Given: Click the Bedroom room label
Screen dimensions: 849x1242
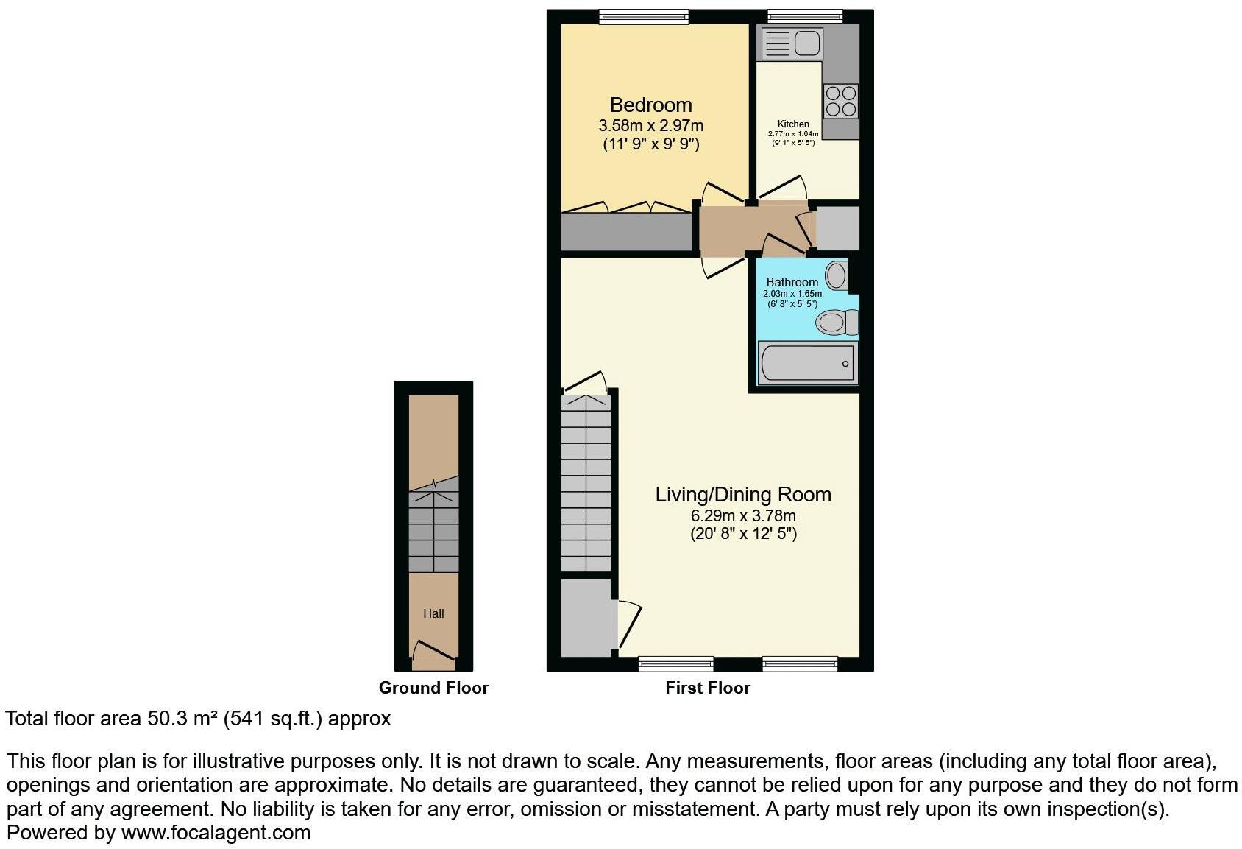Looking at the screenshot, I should click(x=650, y=105).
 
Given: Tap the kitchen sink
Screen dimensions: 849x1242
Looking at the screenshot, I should click(x=792, y=43).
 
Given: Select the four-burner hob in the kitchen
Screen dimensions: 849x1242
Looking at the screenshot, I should click(x=840, y=101).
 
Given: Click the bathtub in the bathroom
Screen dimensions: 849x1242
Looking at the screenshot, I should click(x=808, y=363).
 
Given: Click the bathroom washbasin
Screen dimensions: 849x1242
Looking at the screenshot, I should click(x=837, y=276).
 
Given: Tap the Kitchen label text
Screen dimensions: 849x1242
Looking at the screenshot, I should click(x=793, y=124).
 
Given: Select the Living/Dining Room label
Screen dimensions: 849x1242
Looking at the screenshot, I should click(x=743, y=494).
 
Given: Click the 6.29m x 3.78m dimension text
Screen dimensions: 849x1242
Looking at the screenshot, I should click(x=743, y=515).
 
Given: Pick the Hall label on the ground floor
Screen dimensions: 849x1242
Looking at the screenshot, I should click(x=433, y=613).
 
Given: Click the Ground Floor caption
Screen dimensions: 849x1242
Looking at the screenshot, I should click(x=433, y=688).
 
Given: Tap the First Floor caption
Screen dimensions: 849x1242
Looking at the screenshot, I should click(x=708, y=688).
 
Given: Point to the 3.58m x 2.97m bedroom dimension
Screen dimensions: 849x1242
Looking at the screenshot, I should click(x=650, y=126).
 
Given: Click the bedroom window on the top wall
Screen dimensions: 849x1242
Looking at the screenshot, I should click(x=644, y=16).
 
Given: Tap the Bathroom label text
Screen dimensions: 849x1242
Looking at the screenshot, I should click(x=792, y=282).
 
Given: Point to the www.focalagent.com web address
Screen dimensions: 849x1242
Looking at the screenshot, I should click(x=216, y=833).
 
